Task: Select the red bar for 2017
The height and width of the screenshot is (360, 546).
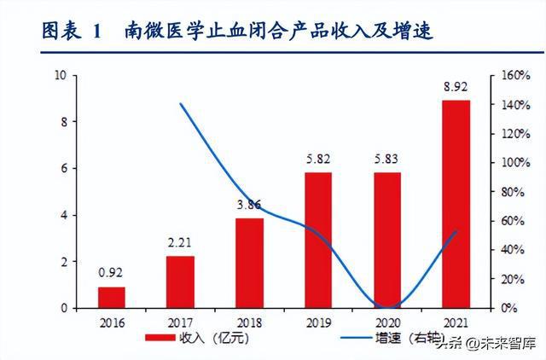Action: [180, 282]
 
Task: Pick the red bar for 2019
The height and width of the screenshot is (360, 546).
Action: [318, 240]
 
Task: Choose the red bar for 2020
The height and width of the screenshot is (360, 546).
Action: [387, 240]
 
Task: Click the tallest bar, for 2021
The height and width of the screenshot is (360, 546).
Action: [456, 204]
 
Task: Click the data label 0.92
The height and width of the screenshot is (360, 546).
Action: [112, 274]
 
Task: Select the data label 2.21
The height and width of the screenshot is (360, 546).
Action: [180, 243]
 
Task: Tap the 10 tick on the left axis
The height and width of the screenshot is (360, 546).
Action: [61, 75]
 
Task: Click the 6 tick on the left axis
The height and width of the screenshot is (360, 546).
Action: [63, 169]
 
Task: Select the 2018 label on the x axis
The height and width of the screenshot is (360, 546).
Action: [249, 323]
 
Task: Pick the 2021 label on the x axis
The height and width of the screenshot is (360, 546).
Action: [456, 323]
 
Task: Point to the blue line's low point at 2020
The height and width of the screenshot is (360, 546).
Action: [388, 307]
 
